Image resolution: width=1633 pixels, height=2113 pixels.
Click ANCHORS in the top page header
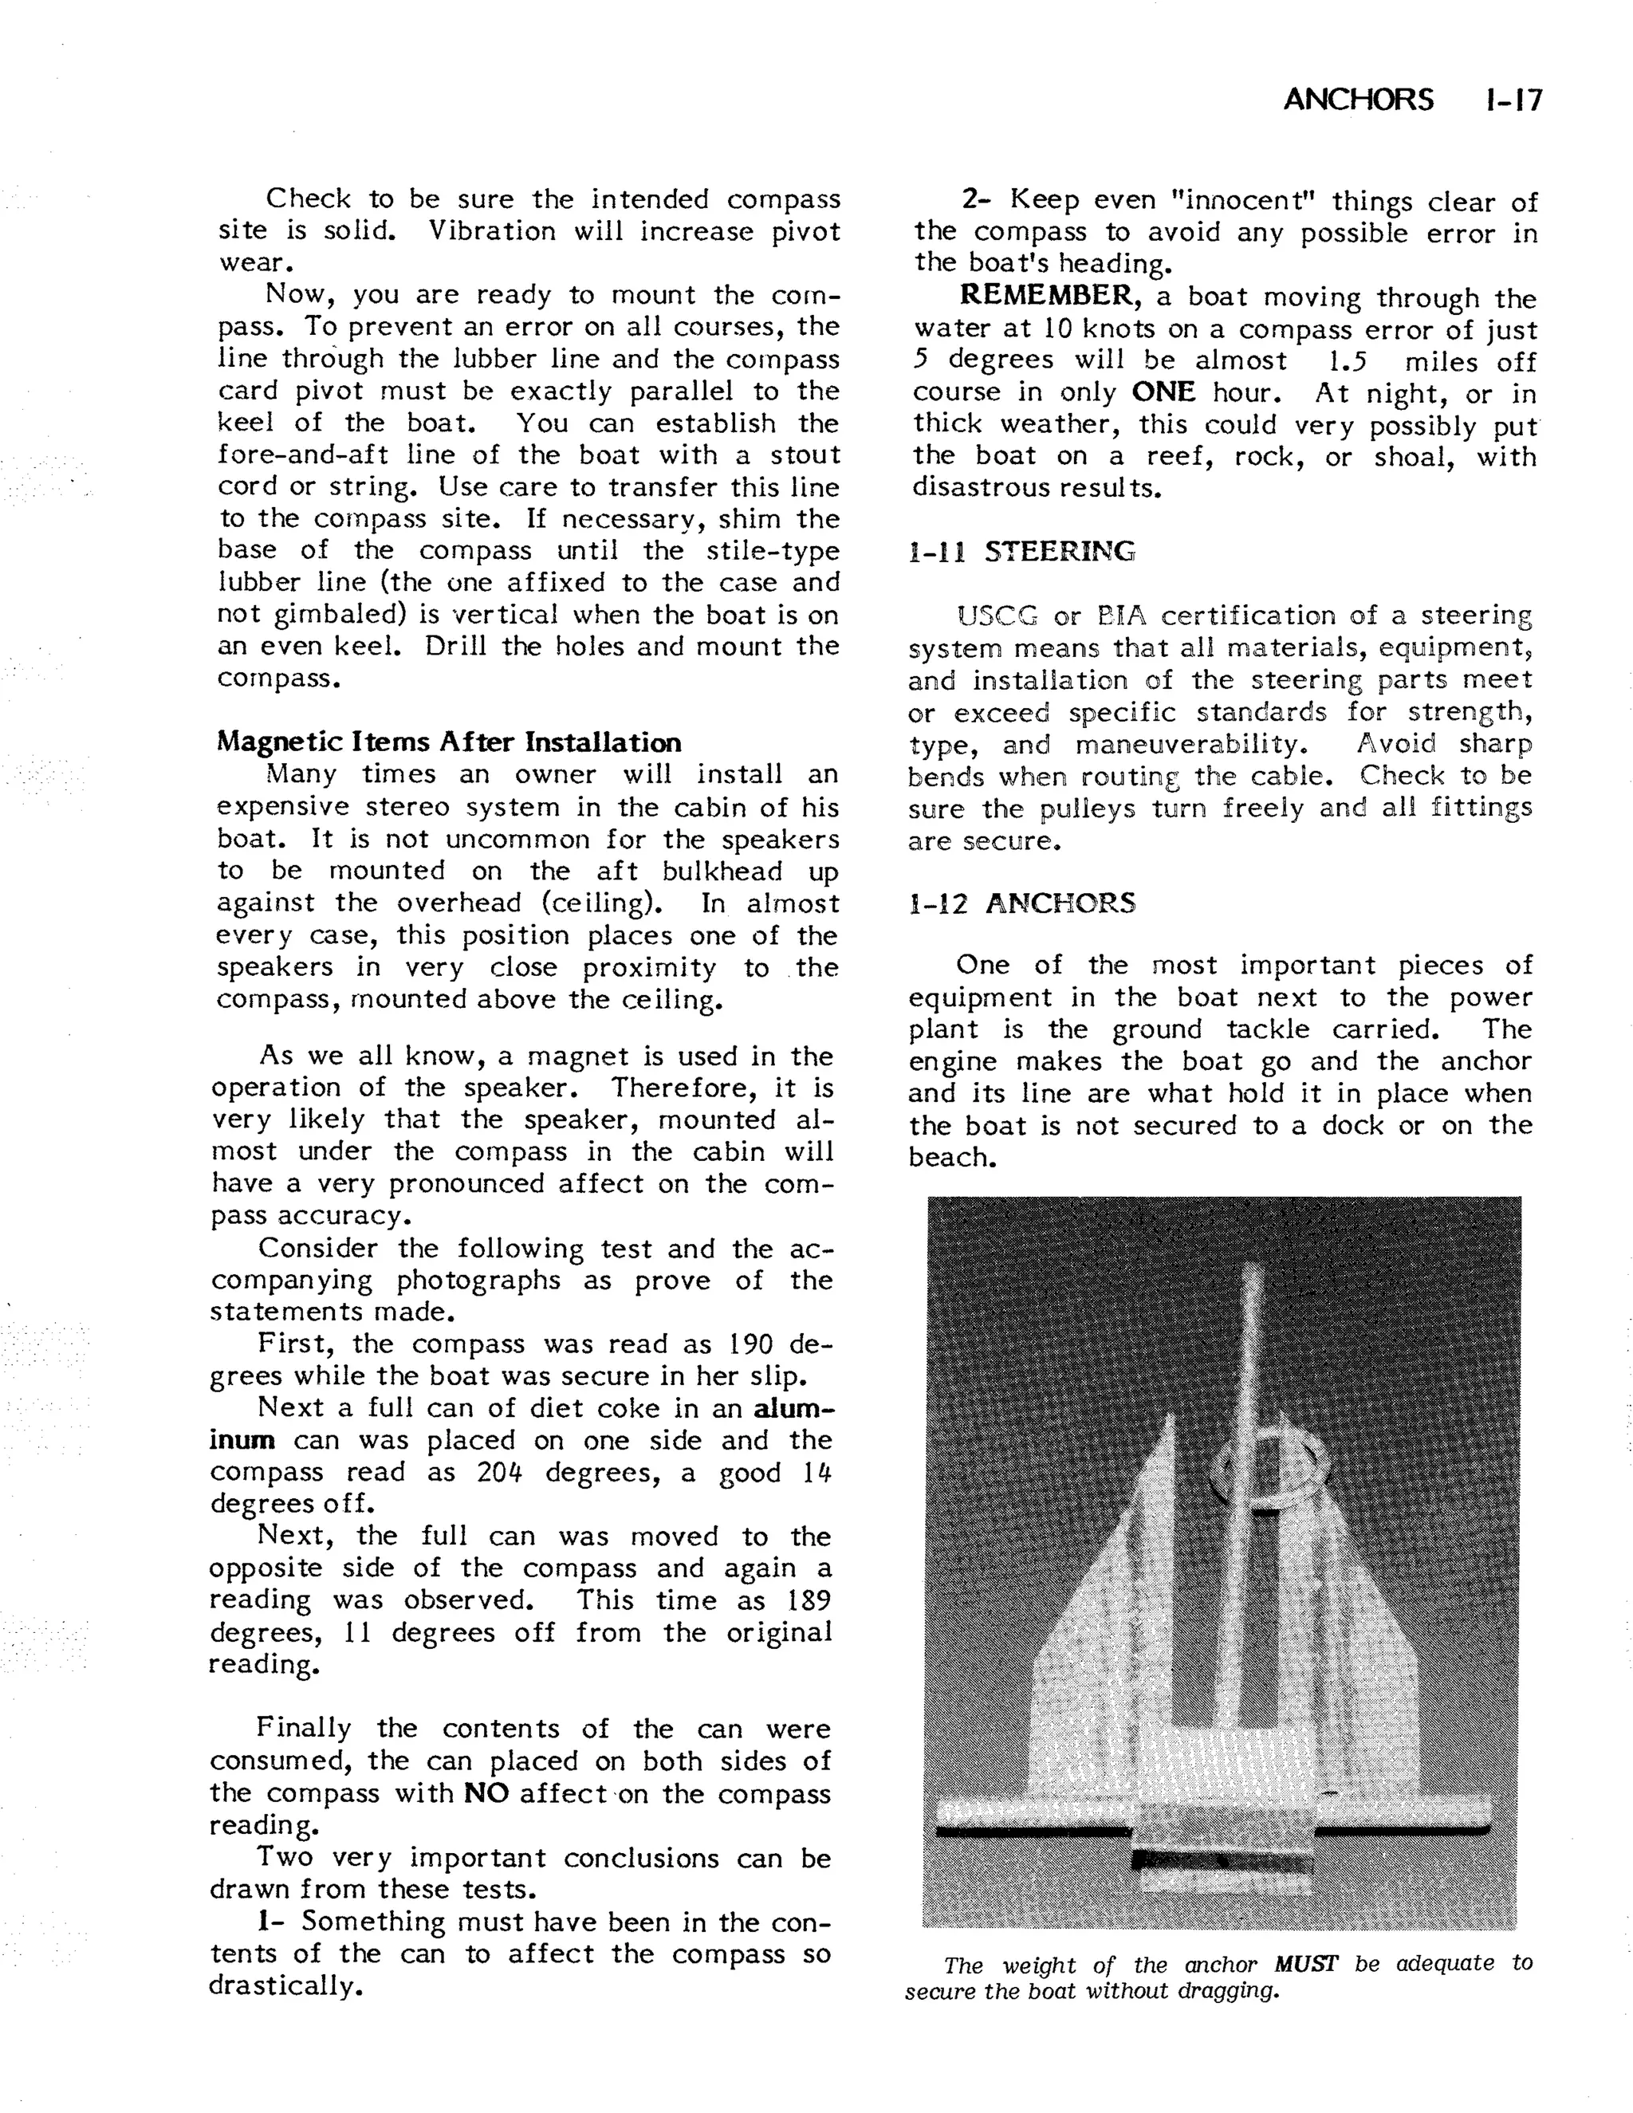1358,100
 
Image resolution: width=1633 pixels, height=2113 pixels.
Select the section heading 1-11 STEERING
1021,552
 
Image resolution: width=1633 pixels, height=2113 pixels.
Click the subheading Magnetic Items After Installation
449,742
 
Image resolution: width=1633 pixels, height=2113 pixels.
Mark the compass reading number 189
809,1600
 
